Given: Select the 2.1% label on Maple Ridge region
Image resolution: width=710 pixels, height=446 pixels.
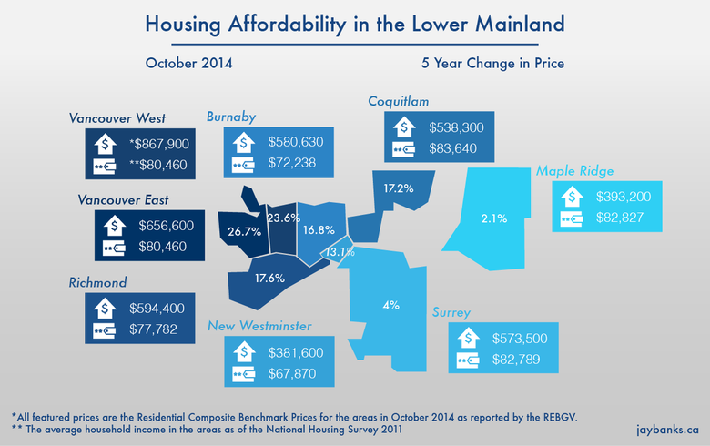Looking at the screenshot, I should pyautogui.click(x=494, y=218).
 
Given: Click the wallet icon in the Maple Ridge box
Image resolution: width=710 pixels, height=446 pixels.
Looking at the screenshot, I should pyautogui.click(x=573, y=218).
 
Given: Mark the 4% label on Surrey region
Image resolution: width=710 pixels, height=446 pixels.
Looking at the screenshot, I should pyautogui.click(x=390, y=305).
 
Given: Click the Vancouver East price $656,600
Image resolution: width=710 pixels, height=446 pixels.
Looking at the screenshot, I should pyautogui.click(x=160, y=224).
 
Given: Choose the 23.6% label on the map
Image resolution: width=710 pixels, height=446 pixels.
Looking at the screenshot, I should pyautogui.click(x=283, y=218).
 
